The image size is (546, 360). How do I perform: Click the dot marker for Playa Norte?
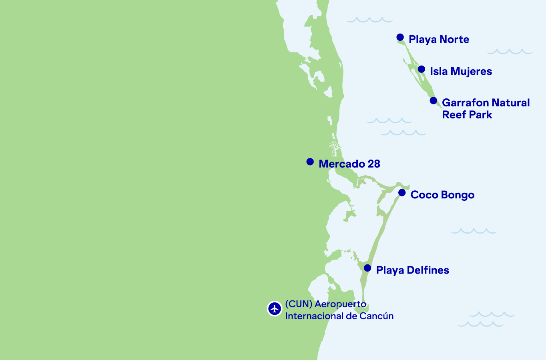pyautogui.click(x=400, y=37)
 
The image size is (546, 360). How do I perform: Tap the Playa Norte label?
pyautogui.click(x=439, y=39)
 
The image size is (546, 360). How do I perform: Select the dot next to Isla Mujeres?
pyautogui.click(x=422, y=69)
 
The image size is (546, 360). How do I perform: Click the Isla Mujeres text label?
pyautogui.click(x=461, y=71)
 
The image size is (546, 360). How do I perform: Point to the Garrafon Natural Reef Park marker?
pyautogui.click(x=434, y=100)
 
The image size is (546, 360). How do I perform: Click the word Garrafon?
pyautogui.click(x=465, y=103)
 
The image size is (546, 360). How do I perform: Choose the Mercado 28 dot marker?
pyautogui.click(x=310, y=162)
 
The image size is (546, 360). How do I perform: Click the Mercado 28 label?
pyautogui.click(x=349, y=164)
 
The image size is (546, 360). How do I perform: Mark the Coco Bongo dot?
pyautogui.click(x=402, y=193)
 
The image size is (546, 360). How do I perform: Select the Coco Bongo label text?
pyautogui.click(x=442, y=195)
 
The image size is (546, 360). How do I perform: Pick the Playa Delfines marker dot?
pyautogui.click(x=367, y=268)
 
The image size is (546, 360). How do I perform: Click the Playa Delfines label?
pyautogui.click(x=412, y=270)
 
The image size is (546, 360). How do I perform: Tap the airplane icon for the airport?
pyautogui.click(x=275, y=308)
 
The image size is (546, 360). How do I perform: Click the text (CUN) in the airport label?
pyautogui.click(x=299, y=304)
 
